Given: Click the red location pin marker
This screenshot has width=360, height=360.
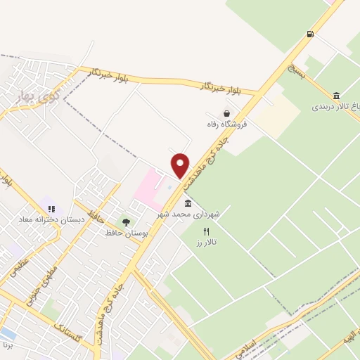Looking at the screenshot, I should coord(181,165).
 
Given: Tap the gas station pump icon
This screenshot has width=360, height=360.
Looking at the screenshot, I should coord(309,34).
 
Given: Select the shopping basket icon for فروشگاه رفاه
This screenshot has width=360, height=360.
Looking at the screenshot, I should coord(226,113).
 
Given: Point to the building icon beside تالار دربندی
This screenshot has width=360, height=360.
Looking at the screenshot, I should coord(336,96).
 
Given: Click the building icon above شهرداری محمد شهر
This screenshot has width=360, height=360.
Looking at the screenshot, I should coord(188,202).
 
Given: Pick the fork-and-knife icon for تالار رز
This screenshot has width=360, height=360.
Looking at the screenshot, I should coord(206,231).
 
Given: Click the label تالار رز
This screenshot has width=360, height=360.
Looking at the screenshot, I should coord(206,242).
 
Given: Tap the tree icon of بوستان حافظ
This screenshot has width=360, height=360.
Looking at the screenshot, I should coord(126,222).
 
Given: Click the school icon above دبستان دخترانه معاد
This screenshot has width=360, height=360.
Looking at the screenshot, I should coord(51,209).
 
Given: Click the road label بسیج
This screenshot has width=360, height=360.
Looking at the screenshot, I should coord(297,70).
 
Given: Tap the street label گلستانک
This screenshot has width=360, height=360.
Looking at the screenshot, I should coord(68,332).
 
